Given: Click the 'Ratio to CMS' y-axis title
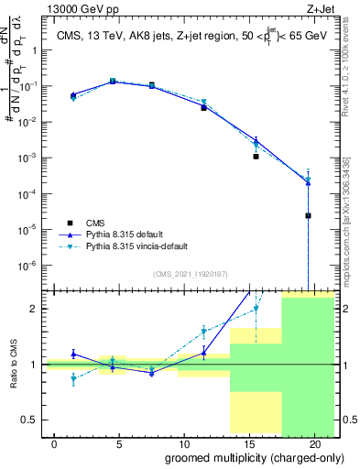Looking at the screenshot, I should (13, 365).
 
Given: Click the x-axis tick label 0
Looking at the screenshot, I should (55, 442).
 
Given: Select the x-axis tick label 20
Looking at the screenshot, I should (311, 442).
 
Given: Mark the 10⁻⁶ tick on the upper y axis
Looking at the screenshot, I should (30, 266).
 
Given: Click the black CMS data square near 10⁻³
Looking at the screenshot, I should (256, 157).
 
